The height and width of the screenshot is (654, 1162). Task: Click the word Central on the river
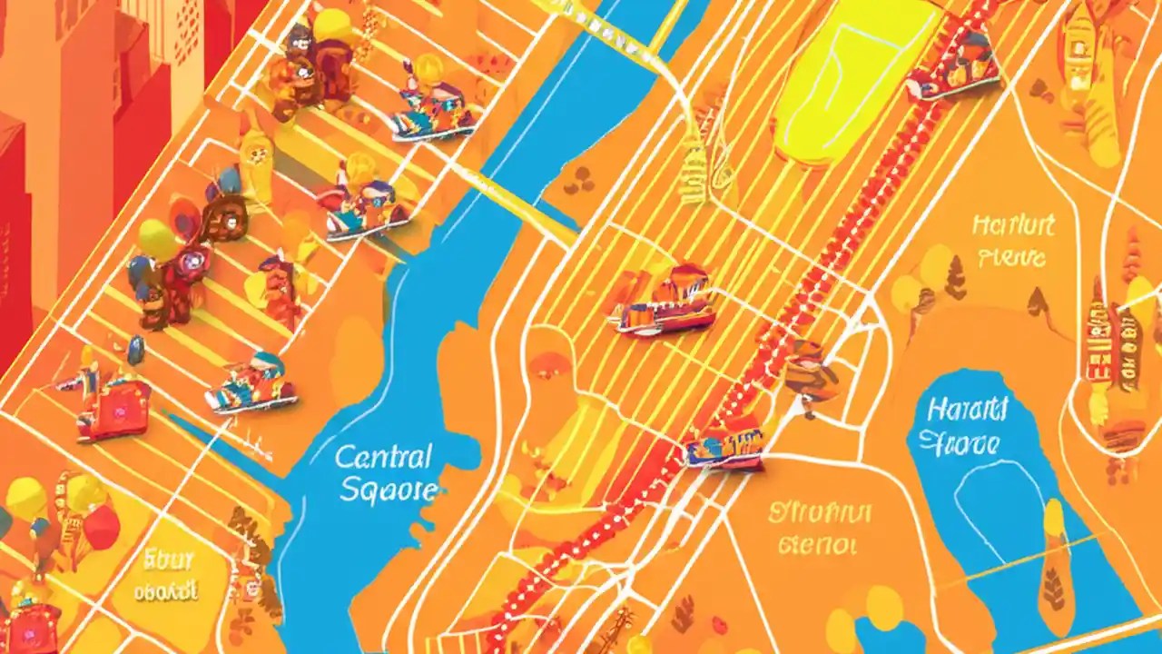pyautogui.click(x=383, y=455)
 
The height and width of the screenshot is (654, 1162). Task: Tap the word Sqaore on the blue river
pyautogui.click(x=389, y=490)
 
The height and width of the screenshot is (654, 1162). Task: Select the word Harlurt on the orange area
pyautogui.click(x=1013, y=224)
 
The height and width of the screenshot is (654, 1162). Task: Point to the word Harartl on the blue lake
pyautogui.click(x=967, y=410)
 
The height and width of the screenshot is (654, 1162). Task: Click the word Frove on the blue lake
pyautogui.click(x=960, y=444)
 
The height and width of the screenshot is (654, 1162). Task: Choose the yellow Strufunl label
pyautogui.click(x=819, y=512)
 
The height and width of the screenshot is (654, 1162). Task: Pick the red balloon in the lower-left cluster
pyautogui.click(x=102, y=527)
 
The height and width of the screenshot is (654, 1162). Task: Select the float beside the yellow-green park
pyautogui.click(x=953, y=65)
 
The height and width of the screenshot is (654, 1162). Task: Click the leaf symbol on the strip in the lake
pyautogui.click(x=1054, y=590)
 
